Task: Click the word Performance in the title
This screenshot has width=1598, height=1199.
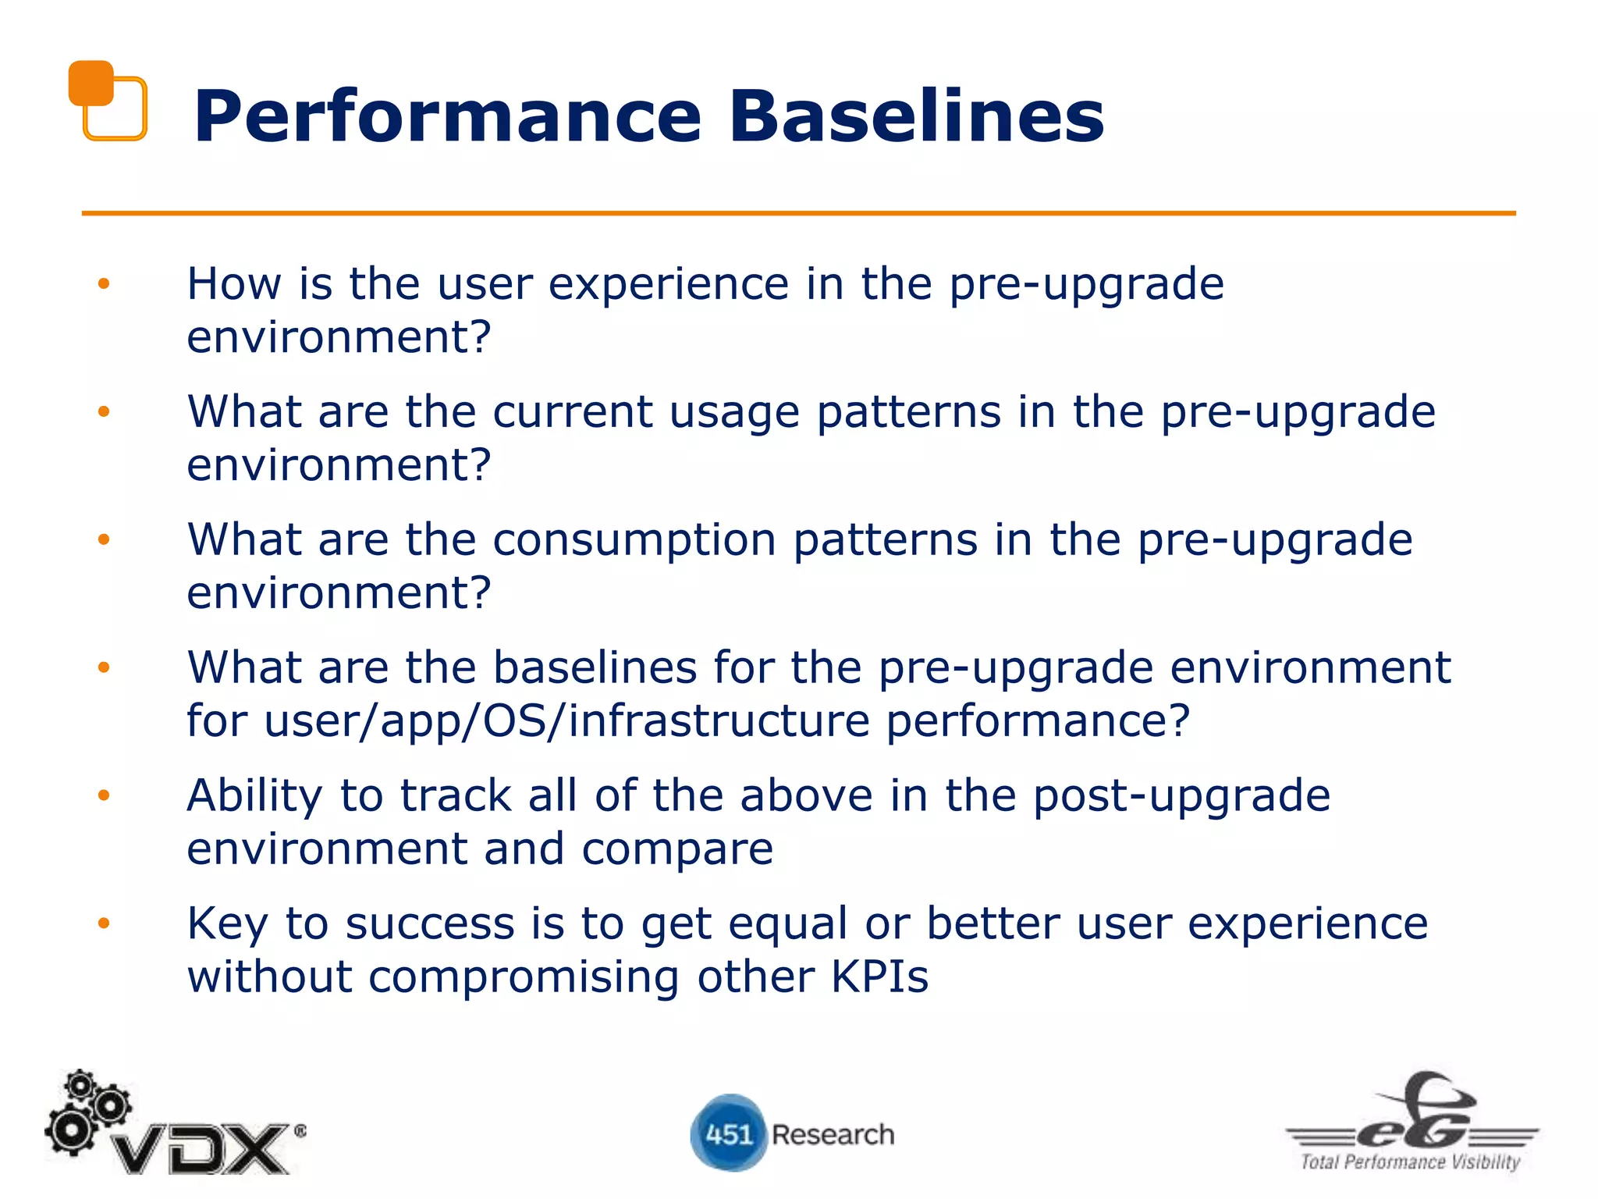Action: click(x=448, y=117)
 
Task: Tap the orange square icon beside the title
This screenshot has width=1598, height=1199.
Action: click(x=107, y=101)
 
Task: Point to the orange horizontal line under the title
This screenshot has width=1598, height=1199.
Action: click(x=798, y=212)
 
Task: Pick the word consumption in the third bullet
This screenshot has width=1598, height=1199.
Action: click(x=634, y=540)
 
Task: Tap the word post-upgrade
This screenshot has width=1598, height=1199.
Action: click(x=1181, y=797)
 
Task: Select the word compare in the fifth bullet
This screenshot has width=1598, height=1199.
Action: click(x=676, y=849)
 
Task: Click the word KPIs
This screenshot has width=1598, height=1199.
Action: click(x=879, y=977)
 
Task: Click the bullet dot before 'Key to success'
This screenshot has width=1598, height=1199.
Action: click(x=104, y=923)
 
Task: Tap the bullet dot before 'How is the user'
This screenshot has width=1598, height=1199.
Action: click(x=104, y=284)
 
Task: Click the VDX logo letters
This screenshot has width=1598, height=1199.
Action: click(x=203, y=1148)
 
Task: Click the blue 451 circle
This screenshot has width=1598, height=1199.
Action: click(x=727, y=1133)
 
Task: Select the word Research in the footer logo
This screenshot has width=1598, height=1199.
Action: click(x=833, y=1134)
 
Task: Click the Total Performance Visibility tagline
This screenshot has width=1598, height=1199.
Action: click(x=1410, y=1162)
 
